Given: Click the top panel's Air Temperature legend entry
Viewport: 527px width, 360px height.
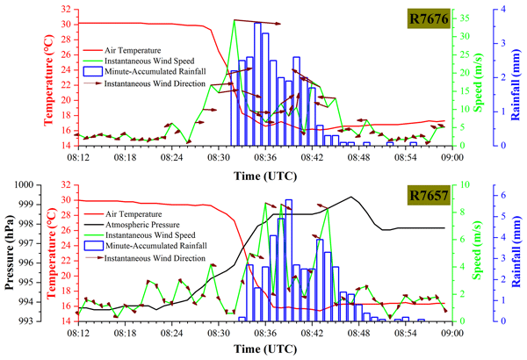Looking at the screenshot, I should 132,51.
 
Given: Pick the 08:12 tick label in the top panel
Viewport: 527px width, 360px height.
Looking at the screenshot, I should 77,158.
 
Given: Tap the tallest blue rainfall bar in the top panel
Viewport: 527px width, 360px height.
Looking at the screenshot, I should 258,83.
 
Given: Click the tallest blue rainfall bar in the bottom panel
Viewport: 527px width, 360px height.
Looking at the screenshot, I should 289,261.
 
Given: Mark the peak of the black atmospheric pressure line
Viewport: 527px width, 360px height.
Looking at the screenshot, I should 351,197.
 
